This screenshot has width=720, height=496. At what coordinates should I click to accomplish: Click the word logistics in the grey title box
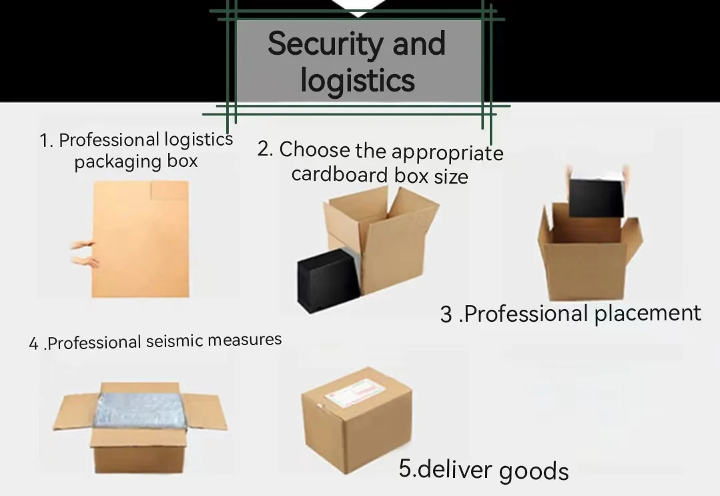click(358, 80)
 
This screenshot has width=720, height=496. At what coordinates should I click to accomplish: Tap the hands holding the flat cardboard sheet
click(85, 254)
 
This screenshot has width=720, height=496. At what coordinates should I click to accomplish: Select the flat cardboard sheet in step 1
click(141, 238)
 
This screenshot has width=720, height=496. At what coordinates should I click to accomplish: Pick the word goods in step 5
click(534, 471)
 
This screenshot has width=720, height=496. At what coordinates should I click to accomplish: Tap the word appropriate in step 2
click(447, 152)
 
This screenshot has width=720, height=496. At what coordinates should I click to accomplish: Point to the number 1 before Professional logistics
click(45, 142)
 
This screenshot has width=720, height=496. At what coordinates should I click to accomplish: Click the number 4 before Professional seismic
click(33, 344)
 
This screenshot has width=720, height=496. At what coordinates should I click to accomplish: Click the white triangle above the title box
click(358, 8)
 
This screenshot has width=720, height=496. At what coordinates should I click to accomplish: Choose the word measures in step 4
click(244, 340)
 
